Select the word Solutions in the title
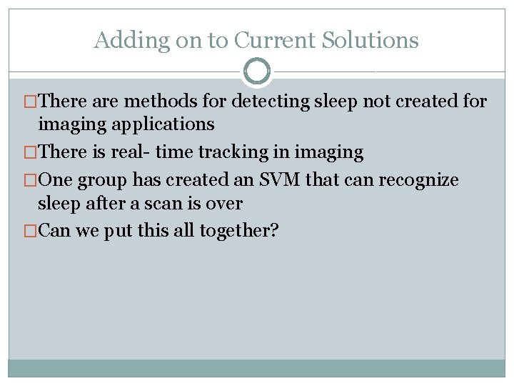(371, 40)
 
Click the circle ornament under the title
(257, 71)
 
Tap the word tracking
(247, 152)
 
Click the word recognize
(418, 181)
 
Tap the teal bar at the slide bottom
(257, 367)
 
